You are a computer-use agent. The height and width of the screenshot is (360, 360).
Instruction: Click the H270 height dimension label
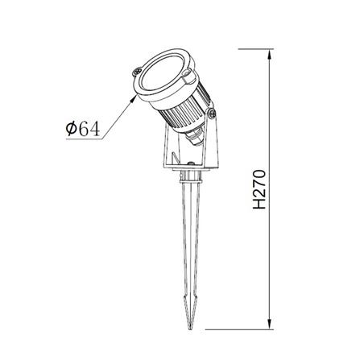click(x=259, y=189)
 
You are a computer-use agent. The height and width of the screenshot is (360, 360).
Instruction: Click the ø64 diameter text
click(x=83, y=129)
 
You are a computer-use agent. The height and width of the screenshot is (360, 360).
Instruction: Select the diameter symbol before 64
click(x=72, y=129)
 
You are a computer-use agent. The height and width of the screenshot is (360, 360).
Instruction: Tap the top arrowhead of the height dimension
click(x=271, y=54)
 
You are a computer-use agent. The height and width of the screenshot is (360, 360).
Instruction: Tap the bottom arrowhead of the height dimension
click(x=271, y=324)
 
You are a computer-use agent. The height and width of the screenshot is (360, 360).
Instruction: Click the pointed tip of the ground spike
click(x=191, y=328)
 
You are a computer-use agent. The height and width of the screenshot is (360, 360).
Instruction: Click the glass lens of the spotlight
click(x=163, y=77)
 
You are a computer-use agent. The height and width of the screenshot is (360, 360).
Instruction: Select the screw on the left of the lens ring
click(x=137, y=72)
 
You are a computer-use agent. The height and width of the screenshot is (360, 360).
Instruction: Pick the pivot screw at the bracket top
click(x=212, y=114)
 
